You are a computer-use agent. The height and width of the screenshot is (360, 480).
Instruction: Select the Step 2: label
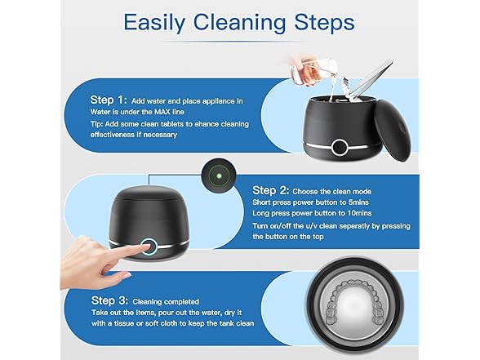pyautogui.click(x=273, y=190)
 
